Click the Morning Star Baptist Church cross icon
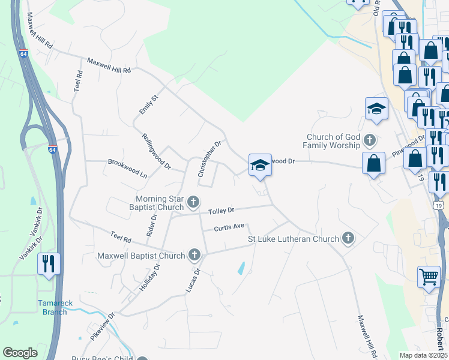click(193, 202)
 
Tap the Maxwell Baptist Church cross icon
click(194, 256)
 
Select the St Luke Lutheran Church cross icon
click(348, 239)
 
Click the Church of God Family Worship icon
click(370, 141)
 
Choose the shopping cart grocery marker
click(429, 277)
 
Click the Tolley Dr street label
click(221, 211)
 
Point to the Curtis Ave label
click(230, 227)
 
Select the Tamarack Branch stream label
click(55, 307)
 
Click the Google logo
click(20, 353)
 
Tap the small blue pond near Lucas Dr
click(241, 268)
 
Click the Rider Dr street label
click(151, 226)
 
